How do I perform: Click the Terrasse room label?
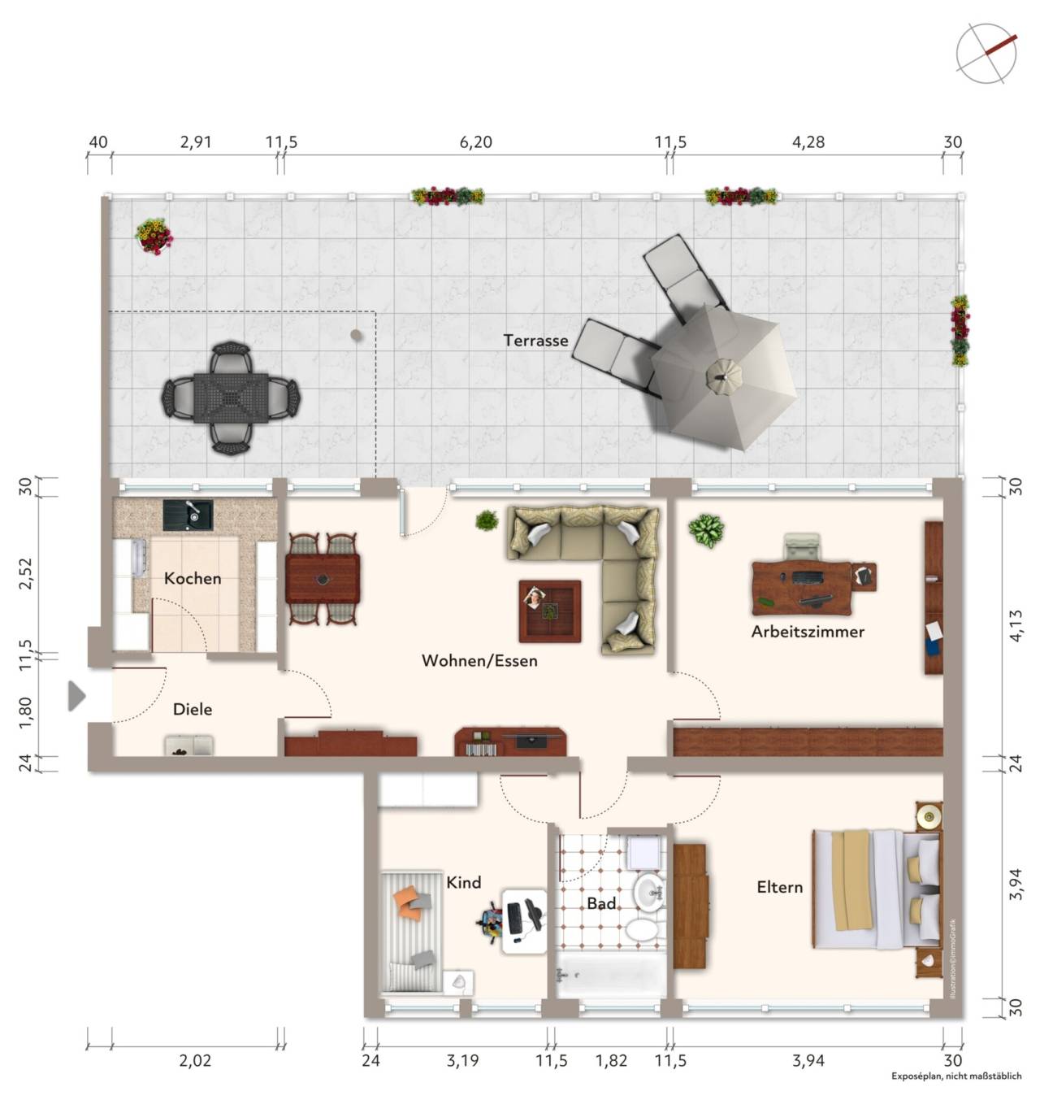[x=535, y=340]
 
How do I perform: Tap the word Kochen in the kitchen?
[x=193, y=578]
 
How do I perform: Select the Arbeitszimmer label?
[x=807, y=632]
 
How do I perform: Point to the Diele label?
[x=193, y=710]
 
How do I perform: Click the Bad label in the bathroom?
[x=601, y=903]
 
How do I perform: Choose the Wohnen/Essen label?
[x=479, y=661]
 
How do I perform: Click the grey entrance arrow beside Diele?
[x=76, y=696]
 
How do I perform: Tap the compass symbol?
[x=986, y=53]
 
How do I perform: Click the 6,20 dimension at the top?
[x=475, y=142]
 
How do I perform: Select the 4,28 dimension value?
[x=808, y=142]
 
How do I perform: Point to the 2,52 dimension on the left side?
[x=26, y=573]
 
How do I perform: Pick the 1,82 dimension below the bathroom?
[x=611, y=1060]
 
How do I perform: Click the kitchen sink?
[x=188, y=515]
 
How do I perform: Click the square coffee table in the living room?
[x=549, y=611]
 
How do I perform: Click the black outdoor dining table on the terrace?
[x=231, y=398]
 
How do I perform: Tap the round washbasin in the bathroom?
[x=648, y=891]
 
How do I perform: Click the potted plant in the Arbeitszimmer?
[x=706, y=530]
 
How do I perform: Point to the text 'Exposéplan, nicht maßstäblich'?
[x=956, y=1076]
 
